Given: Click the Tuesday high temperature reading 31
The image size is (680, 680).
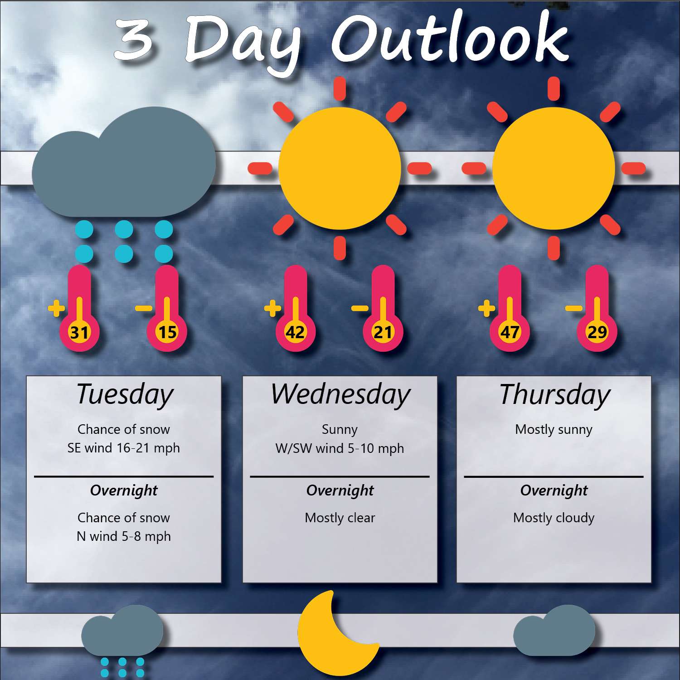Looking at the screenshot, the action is (x=79, y=332).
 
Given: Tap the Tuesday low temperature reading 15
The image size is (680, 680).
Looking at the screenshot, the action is (x=167, y=332).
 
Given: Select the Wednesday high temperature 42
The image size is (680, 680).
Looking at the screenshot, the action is (x=295, y=332).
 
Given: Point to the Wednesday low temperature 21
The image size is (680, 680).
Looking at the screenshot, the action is (x=383, y=332).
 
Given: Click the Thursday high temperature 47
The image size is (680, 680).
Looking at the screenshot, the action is (x=510, y=332).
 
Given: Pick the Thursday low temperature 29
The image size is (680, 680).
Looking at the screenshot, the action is (x=597, y=332).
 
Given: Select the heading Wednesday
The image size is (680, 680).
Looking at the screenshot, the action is (x=340, y=394).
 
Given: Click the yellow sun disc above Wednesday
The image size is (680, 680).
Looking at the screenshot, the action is (x=340, y=168).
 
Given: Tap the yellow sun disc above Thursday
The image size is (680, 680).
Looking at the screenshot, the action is (x=554, y=168).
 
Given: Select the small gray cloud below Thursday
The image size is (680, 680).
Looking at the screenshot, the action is (x=554, y=631).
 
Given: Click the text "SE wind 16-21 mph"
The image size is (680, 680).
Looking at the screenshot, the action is (x=123, y=448).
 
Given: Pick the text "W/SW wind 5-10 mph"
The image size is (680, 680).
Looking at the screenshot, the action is (x=340, y=448).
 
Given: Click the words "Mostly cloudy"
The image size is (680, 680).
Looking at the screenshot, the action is (x=554, y=518).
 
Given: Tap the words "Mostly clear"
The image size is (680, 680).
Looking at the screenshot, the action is (x=340, y=518).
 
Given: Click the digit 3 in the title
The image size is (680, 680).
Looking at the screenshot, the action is (x=133, y=39).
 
